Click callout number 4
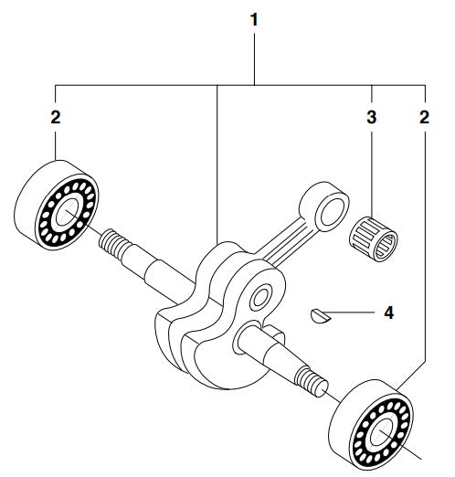click(389, 313)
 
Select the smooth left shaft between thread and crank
click(155, 272)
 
